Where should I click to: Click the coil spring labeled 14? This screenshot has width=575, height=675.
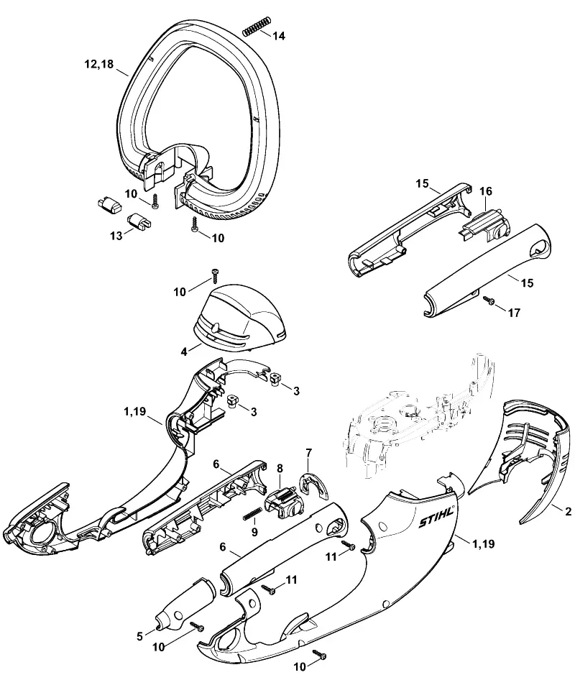pos(257,26)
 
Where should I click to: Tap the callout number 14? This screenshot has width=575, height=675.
pos(279,36)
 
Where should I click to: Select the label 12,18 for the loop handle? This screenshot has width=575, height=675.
pos(99,64)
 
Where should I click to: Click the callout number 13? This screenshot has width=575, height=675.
pos(116,236)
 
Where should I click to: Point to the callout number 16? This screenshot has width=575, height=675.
pos(485,191)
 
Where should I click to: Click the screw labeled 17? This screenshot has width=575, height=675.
pos(487,300)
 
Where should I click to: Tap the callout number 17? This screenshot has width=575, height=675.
pos(515,313)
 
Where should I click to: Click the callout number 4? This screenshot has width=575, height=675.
pos(184,352)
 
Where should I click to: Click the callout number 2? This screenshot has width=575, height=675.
pos(568,511)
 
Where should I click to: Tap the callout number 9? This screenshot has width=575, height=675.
pos(254,533)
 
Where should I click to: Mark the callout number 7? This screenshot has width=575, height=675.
pos(308,453)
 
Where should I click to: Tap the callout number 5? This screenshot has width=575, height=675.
pos(139,636)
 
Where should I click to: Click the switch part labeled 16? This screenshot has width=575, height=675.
pos(484,223)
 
